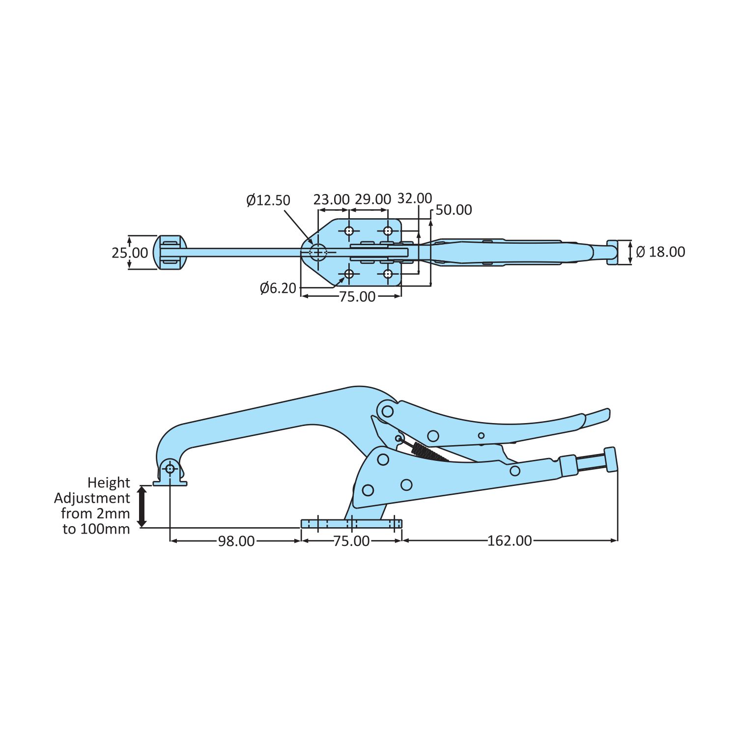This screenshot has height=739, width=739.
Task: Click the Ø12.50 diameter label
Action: (x=268, y=200)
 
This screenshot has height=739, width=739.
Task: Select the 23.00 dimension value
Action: (x=331, y=199)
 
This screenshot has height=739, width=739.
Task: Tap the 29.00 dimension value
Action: (x=373, y=199)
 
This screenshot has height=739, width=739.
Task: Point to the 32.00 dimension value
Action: (x=415, y=198)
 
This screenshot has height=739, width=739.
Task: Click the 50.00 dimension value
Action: (x=454, y=210)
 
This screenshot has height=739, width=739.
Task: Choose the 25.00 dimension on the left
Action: (x=129, y=253)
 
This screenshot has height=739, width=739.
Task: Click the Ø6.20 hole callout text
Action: (x=278, y=288)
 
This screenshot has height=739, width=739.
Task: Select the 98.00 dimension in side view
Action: (x=236, y=541)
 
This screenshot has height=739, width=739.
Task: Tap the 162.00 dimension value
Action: (x=510, y=541)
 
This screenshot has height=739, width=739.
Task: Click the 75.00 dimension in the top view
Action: (x=357, y=297)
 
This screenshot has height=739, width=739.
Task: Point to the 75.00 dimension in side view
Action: (x=351, y=541)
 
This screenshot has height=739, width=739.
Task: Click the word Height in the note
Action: (x=109, y=483)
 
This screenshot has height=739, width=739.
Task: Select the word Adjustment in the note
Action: (x=92, y=498)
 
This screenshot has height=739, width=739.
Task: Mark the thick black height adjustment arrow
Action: (x=142, y=507)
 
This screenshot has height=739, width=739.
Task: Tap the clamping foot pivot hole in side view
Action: (x=170, y=468)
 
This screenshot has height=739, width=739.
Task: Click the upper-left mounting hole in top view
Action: (x=349, y=230)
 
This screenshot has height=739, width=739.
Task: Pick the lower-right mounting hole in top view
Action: (x=388, y=274)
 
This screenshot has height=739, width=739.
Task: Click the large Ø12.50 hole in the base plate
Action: (x=318, y=253)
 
